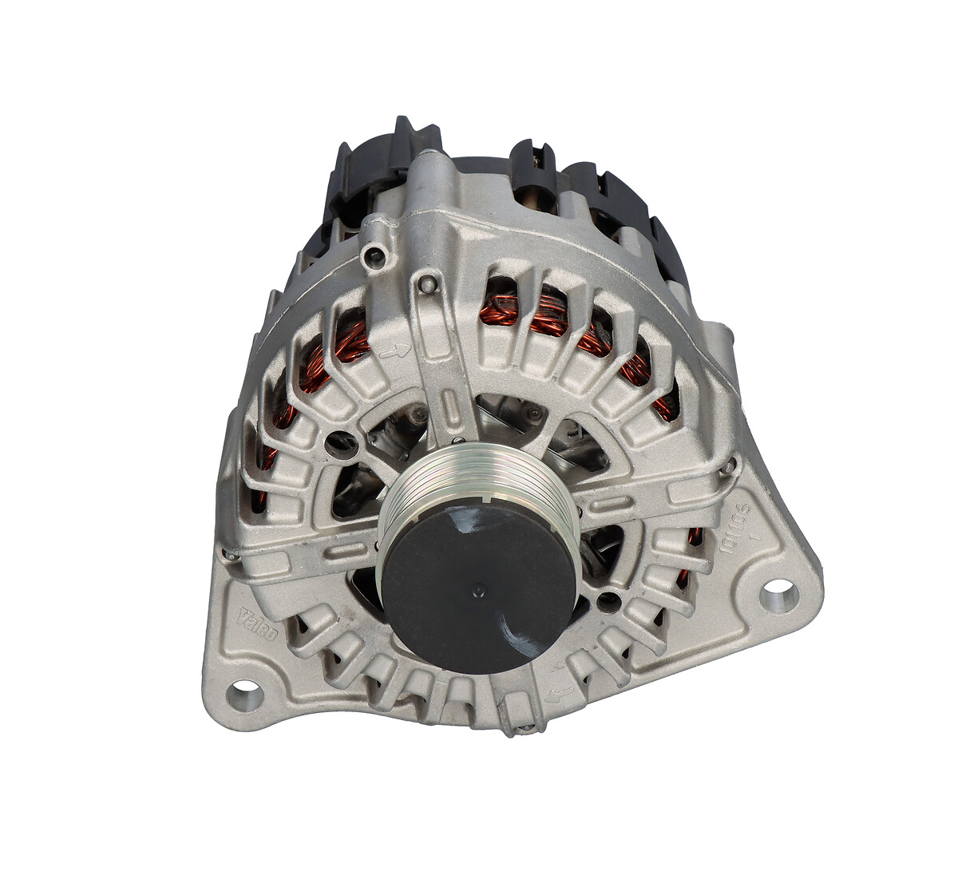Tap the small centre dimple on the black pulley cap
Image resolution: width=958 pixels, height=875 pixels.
pos(478,591)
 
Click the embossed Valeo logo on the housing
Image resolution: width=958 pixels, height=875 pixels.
pos(259,624)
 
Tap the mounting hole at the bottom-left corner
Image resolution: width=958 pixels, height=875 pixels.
pos(244,692)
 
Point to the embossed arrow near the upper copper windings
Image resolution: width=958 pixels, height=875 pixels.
pos(395,349)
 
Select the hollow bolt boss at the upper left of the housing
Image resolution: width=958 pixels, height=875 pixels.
pos(374,255)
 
